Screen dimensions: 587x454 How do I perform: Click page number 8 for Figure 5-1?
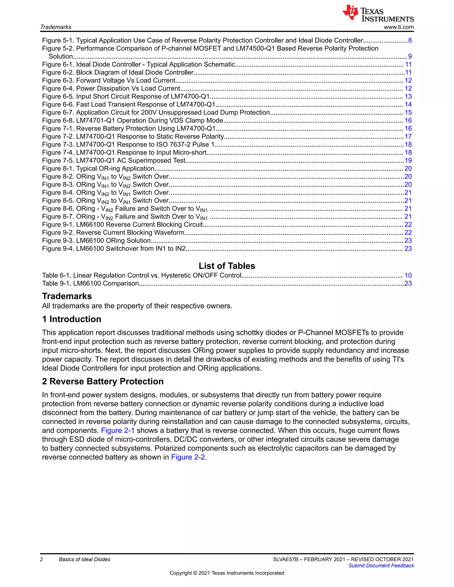410,41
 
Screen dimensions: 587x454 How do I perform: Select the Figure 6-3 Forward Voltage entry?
109,81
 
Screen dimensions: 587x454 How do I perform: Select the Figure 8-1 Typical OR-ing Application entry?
98,169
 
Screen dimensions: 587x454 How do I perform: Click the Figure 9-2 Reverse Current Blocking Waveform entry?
113,233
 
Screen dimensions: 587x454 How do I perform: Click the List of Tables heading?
227,266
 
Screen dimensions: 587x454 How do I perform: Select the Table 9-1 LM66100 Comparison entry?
90,284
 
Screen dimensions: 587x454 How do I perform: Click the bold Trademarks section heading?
67,296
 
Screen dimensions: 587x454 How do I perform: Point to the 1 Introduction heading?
72,319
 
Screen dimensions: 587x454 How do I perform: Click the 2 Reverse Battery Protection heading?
103,381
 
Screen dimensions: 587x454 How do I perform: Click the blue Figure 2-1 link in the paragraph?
117,431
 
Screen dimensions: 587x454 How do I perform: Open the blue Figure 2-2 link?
188,457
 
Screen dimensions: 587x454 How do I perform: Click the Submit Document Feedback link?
381,566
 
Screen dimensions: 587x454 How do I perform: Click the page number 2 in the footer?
41,559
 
